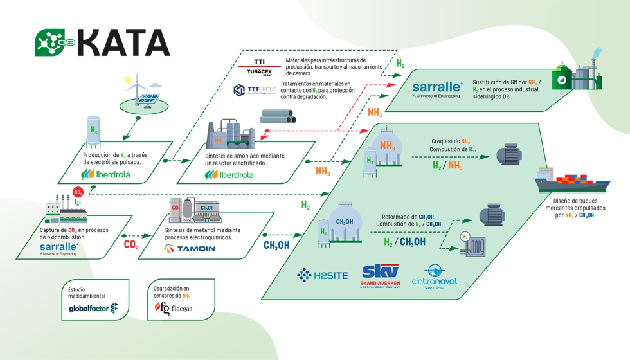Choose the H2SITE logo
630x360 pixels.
[x=322, y=275]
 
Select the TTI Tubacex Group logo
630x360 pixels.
[x=259, y=66]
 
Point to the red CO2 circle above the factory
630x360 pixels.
[x=78, y=192]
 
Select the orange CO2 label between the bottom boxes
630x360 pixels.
[x=131, y=245]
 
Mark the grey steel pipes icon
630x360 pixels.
[x=278, y=116]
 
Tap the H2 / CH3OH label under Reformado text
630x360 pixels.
[x=404, y=242]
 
